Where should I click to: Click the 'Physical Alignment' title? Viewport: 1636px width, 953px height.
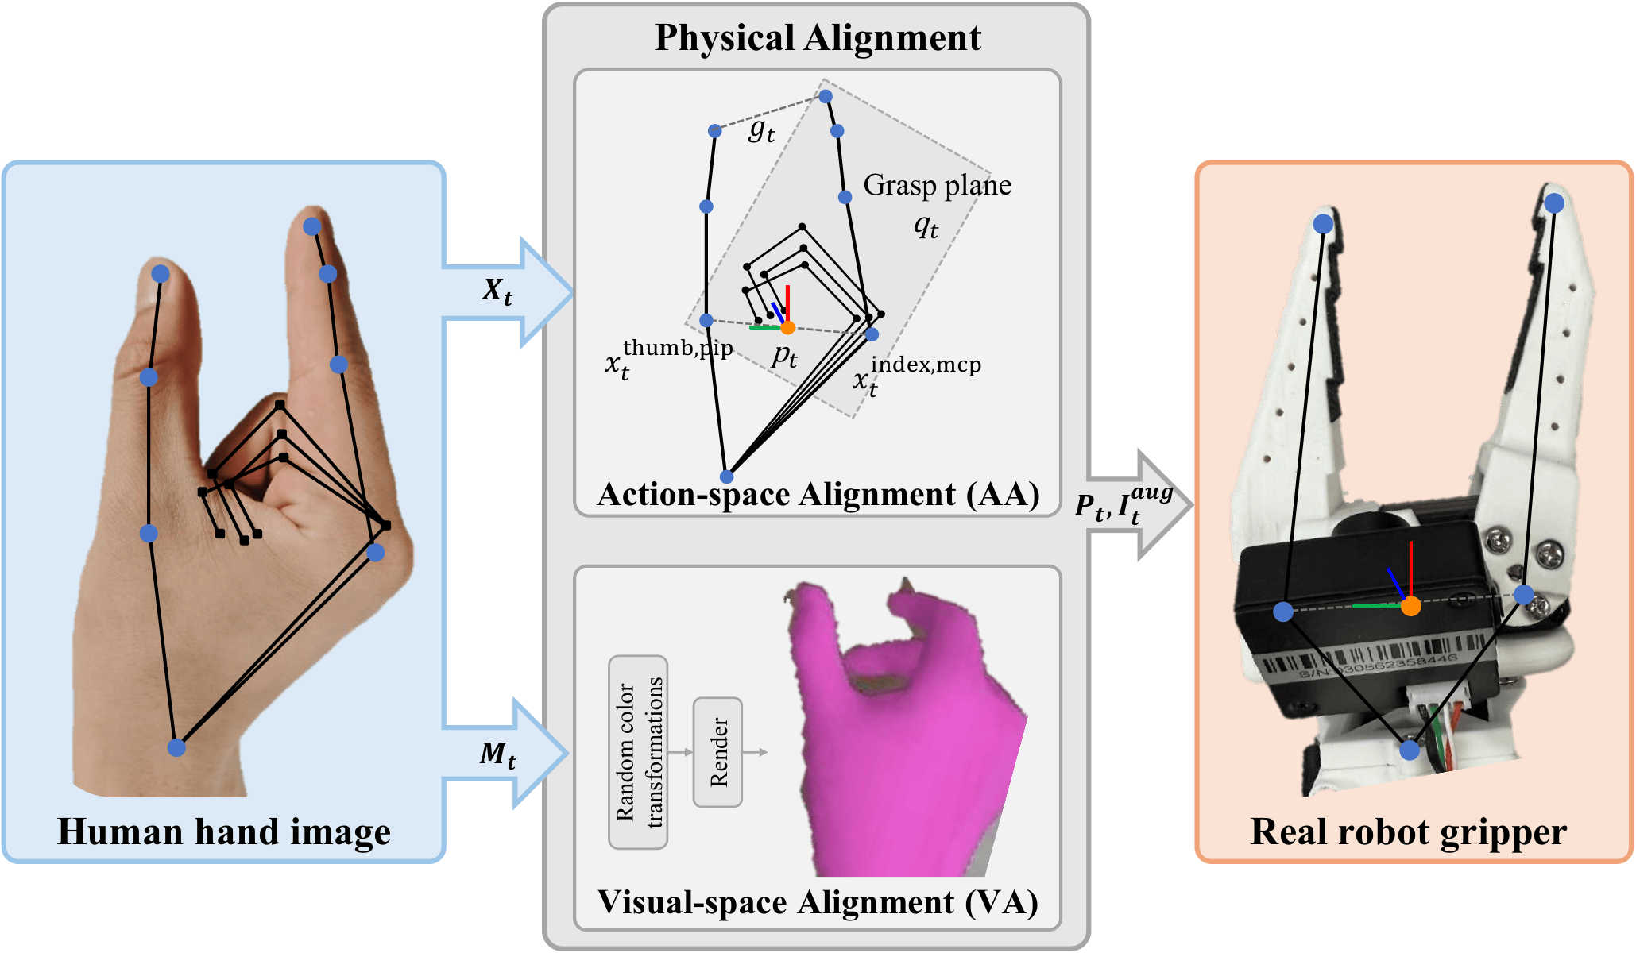(817, 37)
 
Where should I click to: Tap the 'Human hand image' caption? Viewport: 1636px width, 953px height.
(224, 831)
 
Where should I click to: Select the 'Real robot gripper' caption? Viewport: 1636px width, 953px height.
(1408, 831)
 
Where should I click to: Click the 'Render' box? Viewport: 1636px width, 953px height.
(717, 752)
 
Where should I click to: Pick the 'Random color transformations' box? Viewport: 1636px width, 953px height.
(638, 752)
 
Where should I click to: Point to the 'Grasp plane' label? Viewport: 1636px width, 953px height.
(937, 185)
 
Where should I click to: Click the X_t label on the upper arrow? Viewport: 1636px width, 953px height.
(497, 291)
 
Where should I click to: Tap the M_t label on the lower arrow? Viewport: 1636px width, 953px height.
(497, 754)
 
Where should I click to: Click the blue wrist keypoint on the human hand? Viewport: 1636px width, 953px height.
(176, 747)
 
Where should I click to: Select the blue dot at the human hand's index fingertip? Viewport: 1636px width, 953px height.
(311, 226)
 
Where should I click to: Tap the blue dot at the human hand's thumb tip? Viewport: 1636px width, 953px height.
(161, 274)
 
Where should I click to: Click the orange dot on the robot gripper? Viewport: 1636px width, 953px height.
(1410, 607)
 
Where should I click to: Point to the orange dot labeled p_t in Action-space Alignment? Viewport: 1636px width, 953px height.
(787, 327)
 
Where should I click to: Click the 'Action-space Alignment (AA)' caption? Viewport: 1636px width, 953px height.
(818, 494)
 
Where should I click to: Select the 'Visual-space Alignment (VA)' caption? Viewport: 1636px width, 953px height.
(818, 902)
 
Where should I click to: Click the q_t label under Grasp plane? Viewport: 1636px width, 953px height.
(926, 227)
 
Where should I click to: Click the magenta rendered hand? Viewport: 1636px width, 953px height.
(898, 739)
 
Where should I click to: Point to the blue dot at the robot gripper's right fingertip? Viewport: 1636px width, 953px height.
(1554, 203)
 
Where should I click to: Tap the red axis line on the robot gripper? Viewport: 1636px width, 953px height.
(1410, 568)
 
